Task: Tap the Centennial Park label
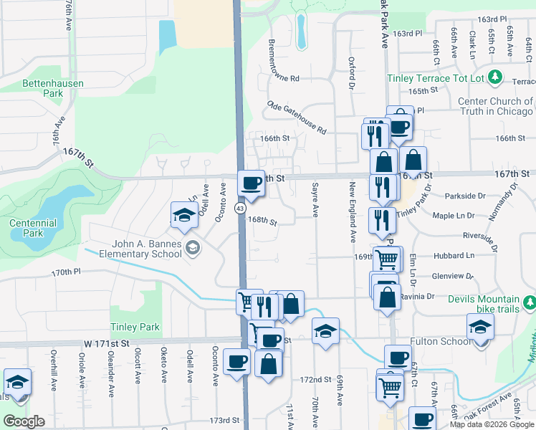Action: point(33,228)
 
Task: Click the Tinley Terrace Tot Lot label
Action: point(436,77)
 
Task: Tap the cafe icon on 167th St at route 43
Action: point(251,184)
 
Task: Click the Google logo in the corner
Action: point(24,421)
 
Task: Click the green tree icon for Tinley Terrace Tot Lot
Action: point(494,77)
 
